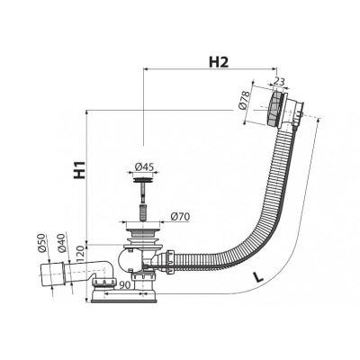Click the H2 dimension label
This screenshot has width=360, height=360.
click(x=219, y=62)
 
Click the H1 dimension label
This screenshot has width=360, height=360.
click(x=80, y=170)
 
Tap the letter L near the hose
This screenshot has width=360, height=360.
click(x=257, y=277)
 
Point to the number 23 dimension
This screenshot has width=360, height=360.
click(x=279, y=81)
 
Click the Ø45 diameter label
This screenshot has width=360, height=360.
click(x=144, y=166)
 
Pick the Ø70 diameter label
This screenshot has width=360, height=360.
click(x=180, y=216)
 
